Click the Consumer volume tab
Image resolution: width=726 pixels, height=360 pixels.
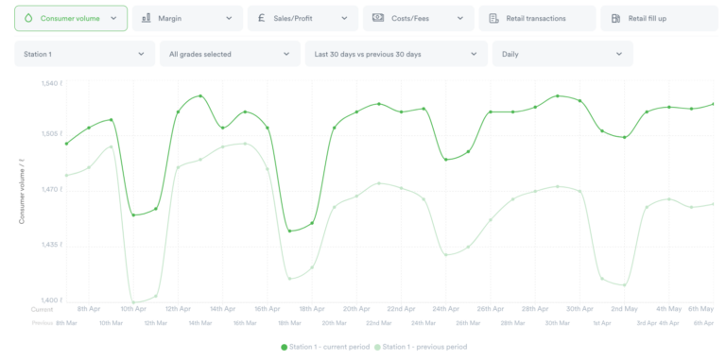coord(71,18)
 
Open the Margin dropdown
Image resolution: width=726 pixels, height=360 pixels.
coord(186,18)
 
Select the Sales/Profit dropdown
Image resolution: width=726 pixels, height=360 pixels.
coord(302,18)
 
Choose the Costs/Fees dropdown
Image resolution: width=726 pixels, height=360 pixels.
coord(418,18)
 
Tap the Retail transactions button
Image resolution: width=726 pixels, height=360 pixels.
coord(537,18)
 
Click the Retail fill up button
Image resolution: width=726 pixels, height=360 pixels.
coord(657,18)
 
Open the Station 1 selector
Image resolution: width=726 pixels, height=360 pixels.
coord(84,54)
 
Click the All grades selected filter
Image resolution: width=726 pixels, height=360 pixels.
coord(229,54)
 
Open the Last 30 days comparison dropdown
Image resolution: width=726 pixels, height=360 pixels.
coord(395,54)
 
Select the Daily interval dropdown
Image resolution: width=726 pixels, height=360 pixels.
coord(562,54)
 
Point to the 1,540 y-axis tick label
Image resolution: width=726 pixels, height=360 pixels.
coord(52,84)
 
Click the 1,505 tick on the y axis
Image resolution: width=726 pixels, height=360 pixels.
coord(52,134)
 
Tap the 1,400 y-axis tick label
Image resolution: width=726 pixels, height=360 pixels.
coord(52,300)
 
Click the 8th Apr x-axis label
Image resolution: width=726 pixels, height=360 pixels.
coord(89,309)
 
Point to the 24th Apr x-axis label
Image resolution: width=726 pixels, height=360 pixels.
coord(446,309)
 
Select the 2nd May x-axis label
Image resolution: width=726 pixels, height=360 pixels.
coord(624,309)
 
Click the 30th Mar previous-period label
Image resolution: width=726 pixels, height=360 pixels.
coord(557,323)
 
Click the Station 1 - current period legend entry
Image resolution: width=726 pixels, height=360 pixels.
coord(324,347)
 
